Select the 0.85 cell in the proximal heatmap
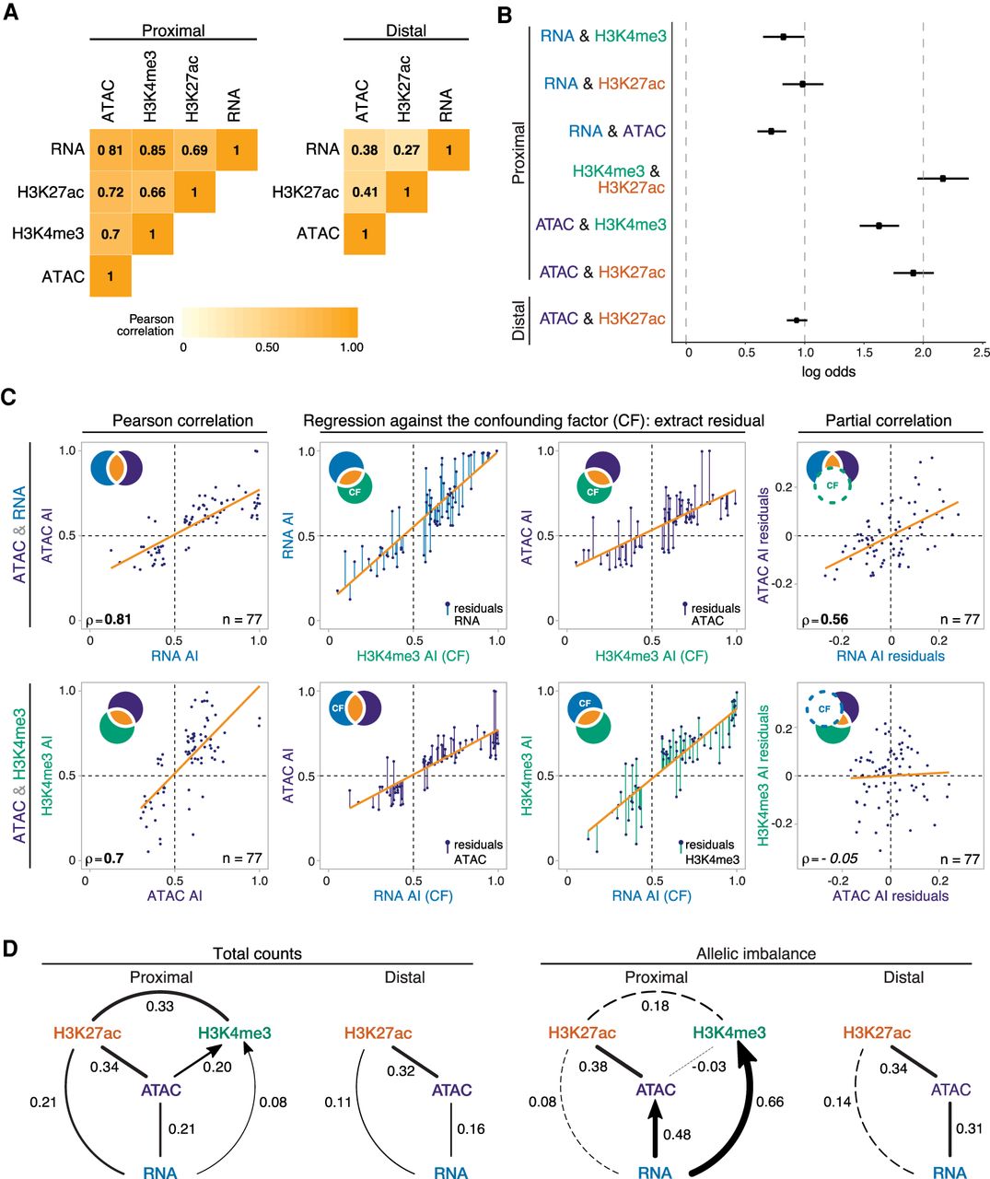click(152, 149)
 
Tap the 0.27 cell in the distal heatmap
click(406, 149)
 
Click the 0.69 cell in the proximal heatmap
click(194, 149)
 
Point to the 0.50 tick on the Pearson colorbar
click(267, 347)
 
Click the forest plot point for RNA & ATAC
click(772, 131)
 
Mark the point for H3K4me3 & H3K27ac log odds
click(943, 178)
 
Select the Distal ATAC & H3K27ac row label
click(601, 319)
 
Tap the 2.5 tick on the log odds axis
click(981, 352)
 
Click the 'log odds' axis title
click(829, 371)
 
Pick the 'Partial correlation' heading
click(888, 421)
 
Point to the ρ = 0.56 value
click(832, 620)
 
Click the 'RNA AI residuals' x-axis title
click(890, 656)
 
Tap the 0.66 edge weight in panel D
click(769, 1101)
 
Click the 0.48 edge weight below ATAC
click(676, 1135)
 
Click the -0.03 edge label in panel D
click(710, 1067)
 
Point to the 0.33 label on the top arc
click(160, 1006)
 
